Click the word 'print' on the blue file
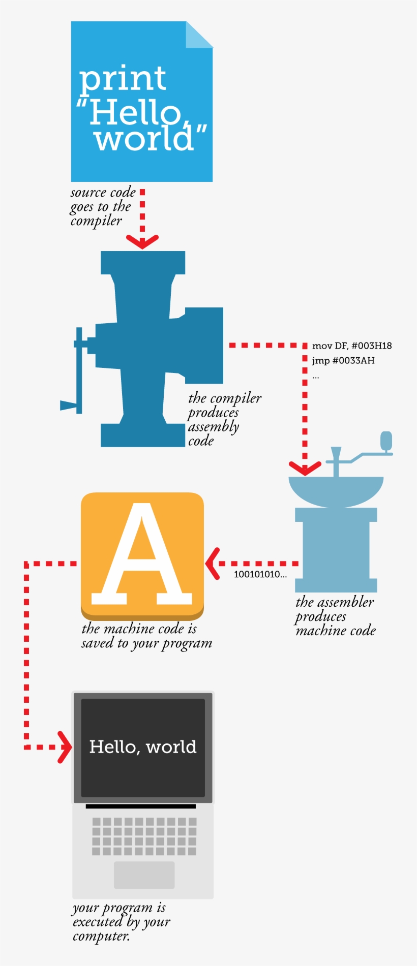click(122, 79)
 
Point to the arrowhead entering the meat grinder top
click(142, 241)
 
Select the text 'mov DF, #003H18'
click(352, 346)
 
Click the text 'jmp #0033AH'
click(343, 361)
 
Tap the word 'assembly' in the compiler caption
click(214, 427)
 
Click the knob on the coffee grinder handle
click(386, 441)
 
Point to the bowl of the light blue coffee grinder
click(336, 490)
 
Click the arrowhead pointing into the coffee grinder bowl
click(305, 468)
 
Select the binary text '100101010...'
click(260, 575)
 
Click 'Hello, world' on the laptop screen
click(143, 747)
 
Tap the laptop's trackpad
click(144, 875)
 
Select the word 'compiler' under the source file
click(96, 222)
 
